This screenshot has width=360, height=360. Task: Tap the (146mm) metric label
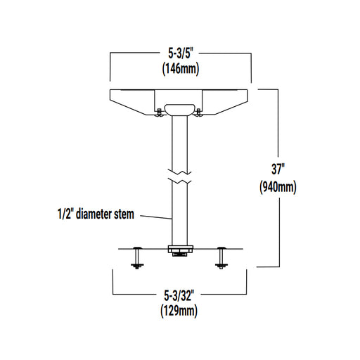[x=179, y=69]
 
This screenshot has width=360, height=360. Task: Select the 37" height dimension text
[x=279, y=169]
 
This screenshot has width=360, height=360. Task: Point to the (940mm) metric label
[x=279, y=187]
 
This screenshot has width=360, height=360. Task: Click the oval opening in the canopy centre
[x=179, y=109]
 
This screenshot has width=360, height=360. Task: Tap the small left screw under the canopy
[x=157, y=113]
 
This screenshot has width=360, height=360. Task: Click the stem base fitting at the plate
[x=180, y=248]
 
